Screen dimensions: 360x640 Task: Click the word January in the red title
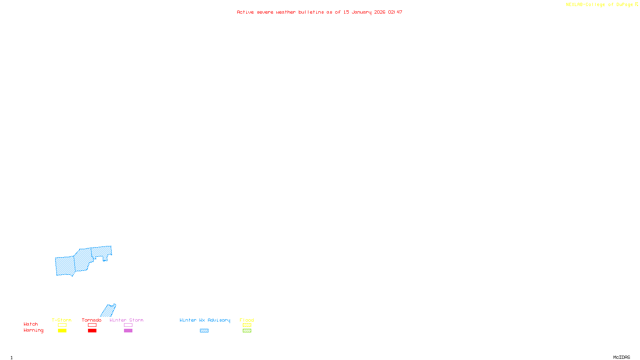coord(362,12)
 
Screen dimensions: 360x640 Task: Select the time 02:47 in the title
coord(395,12)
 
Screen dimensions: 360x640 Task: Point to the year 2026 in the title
coord(380,12)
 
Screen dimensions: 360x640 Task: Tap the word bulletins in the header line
coord(311,12)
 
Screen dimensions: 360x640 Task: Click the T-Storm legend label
coord(62,320)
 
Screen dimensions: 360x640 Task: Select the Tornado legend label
coord(92,320)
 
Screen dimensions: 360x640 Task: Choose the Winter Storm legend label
coord(126,320)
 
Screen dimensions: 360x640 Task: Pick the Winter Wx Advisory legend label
coord(205,320)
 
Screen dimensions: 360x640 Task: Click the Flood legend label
coord(247,320)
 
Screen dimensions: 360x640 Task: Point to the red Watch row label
coord(30,324)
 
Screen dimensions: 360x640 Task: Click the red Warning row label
coord(33,330)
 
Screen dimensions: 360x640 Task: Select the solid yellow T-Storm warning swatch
coord(62,331)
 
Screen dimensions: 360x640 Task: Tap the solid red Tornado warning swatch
coord(92,331)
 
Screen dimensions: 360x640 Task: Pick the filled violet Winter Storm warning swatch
coord(128,331)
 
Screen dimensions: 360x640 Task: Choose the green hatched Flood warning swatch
coord(247,331)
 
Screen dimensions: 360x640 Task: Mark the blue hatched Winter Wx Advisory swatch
coord(204,331)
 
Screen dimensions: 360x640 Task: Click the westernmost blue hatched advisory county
coord(65,266)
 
